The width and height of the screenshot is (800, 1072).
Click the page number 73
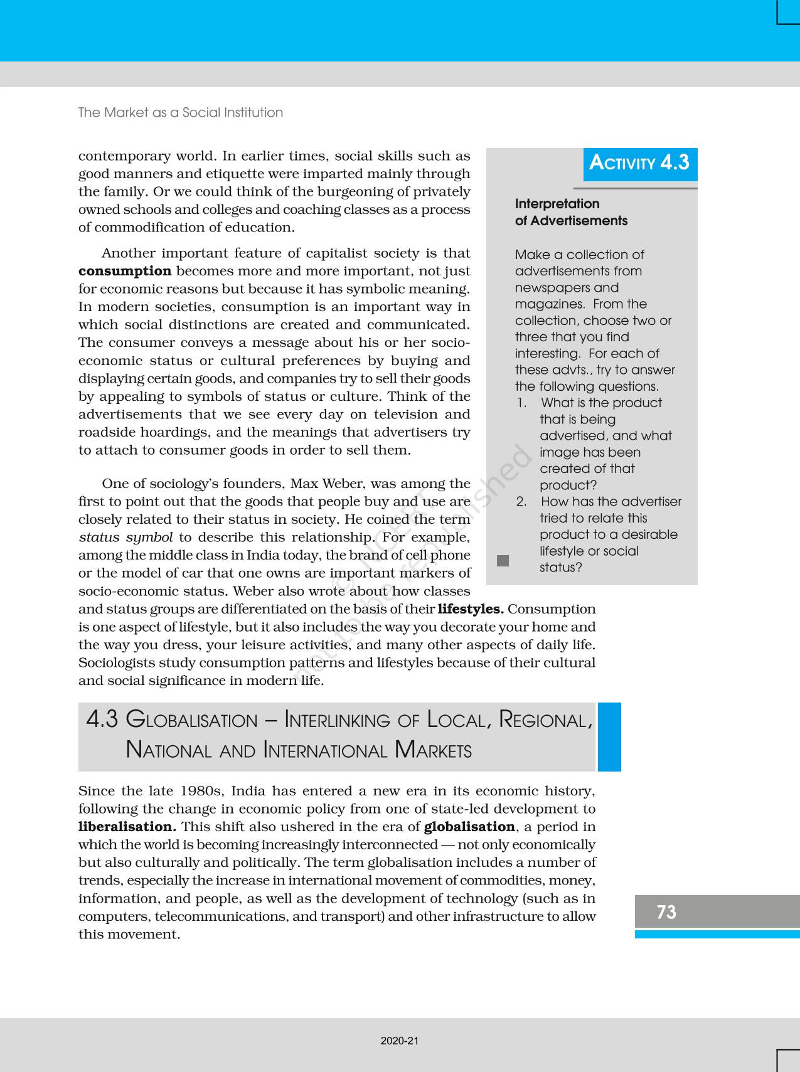point(666,911)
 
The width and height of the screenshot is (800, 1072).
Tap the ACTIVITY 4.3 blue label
point(639,163)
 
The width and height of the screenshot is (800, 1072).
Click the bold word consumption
point(125,271)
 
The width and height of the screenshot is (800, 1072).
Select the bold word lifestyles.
point(471,609)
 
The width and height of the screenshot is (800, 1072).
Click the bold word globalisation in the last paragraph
point(469,827)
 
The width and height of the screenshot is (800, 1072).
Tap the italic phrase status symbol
point(126,538)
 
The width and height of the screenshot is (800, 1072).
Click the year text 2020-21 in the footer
point(400,1041)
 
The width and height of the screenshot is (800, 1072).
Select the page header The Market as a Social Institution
point(181,112)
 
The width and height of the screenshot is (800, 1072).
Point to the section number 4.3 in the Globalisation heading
point(102,719)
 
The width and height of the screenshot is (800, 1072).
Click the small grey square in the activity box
point(503,561)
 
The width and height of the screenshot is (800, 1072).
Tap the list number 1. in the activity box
point(522,403)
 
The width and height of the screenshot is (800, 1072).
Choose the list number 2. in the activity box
point(521,502)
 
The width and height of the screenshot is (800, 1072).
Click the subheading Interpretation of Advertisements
point(570,212)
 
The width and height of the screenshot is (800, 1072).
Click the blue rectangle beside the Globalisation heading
point(609,736)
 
